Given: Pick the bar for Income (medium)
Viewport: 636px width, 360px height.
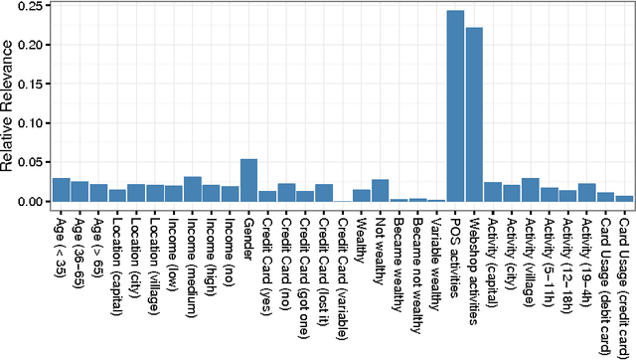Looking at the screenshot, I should pos(193,189).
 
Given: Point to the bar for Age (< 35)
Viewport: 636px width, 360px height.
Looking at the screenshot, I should pos(61,190).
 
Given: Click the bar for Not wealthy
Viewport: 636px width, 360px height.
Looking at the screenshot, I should pos(380,191).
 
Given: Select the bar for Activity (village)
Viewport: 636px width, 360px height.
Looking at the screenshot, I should pos(531,190).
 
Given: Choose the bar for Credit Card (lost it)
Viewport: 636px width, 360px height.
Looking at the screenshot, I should pos(323,193).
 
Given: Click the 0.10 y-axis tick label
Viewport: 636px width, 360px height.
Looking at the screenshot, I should pos(30,123).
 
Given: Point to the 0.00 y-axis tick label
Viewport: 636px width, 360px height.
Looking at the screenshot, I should pos(30,202).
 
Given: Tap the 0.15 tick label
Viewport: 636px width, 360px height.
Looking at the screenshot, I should pos(30,85).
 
